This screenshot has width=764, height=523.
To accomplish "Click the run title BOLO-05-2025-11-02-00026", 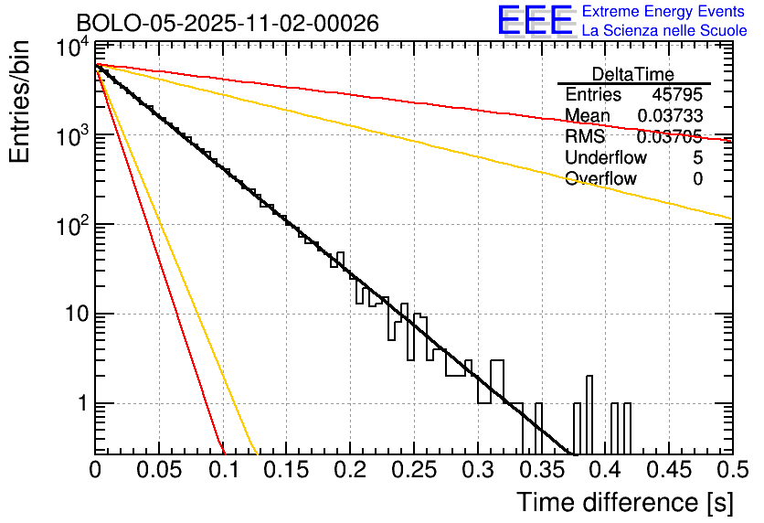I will point(228,23).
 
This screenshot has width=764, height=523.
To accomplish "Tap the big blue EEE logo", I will point(535,21).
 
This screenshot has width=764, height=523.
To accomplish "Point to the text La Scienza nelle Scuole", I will point(664,31).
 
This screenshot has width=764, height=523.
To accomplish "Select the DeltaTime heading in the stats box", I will point(632,74).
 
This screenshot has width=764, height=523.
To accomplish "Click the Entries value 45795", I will point(677,95).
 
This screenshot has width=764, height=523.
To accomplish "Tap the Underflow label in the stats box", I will point(606,158).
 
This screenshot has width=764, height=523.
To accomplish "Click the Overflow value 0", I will point(697,179).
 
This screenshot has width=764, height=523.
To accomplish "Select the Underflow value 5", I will point(697,158).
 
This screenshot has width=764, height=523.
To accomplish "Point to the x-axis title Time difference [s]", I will point(623,501).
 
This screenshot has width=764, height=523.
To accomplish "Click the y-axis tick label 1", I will point(80,403).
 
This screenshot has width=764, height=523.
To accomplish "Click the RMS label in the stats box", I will point(585,137).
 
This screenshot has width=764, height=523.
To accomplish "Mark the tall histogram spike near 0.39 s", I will point(589,411).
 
